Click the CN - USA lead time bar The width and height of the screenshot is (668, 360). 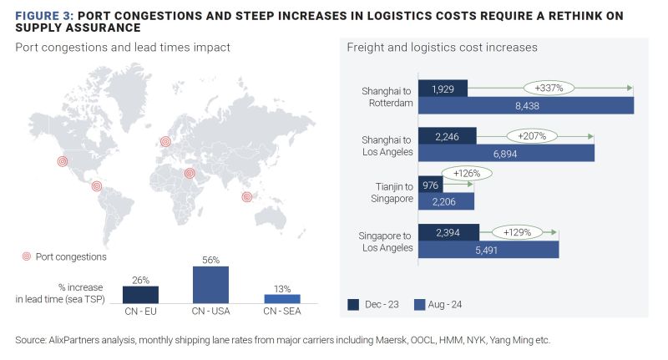coord(210,284)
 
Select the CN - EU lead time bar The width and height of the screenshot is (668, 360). coord(140,294)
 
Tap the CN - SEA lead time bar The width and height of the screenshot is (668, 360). coord(281,298)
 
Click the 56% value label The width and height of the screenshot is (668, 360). coord(210,260)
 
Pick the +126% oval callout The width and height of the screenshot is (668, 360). coord(467,174)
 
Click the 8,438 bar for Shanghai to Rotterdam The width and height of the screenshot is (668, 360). coord(525,105)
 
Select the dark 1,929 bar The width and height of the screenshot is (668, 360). coord(443,88)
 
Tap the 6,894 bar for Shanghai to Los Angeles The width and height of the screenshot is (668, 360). coord(506,153)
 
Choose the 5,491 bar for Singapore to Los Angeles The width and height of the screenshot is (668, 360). coord(488,249)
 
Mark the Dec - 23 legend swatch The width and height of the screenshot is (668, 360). coord(354,305)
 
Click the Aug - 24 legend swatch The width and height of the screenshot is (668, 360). coord(420,305)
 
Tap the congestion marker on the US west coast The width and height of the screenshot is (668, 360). coord(62,161)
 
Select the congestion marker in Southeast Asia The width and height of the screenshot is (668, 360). coord(246,197)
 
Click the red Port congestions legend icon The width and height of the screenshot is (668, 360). coord(26,257)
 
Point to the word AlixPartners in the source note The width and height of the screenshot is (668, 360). coord(78,341)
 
